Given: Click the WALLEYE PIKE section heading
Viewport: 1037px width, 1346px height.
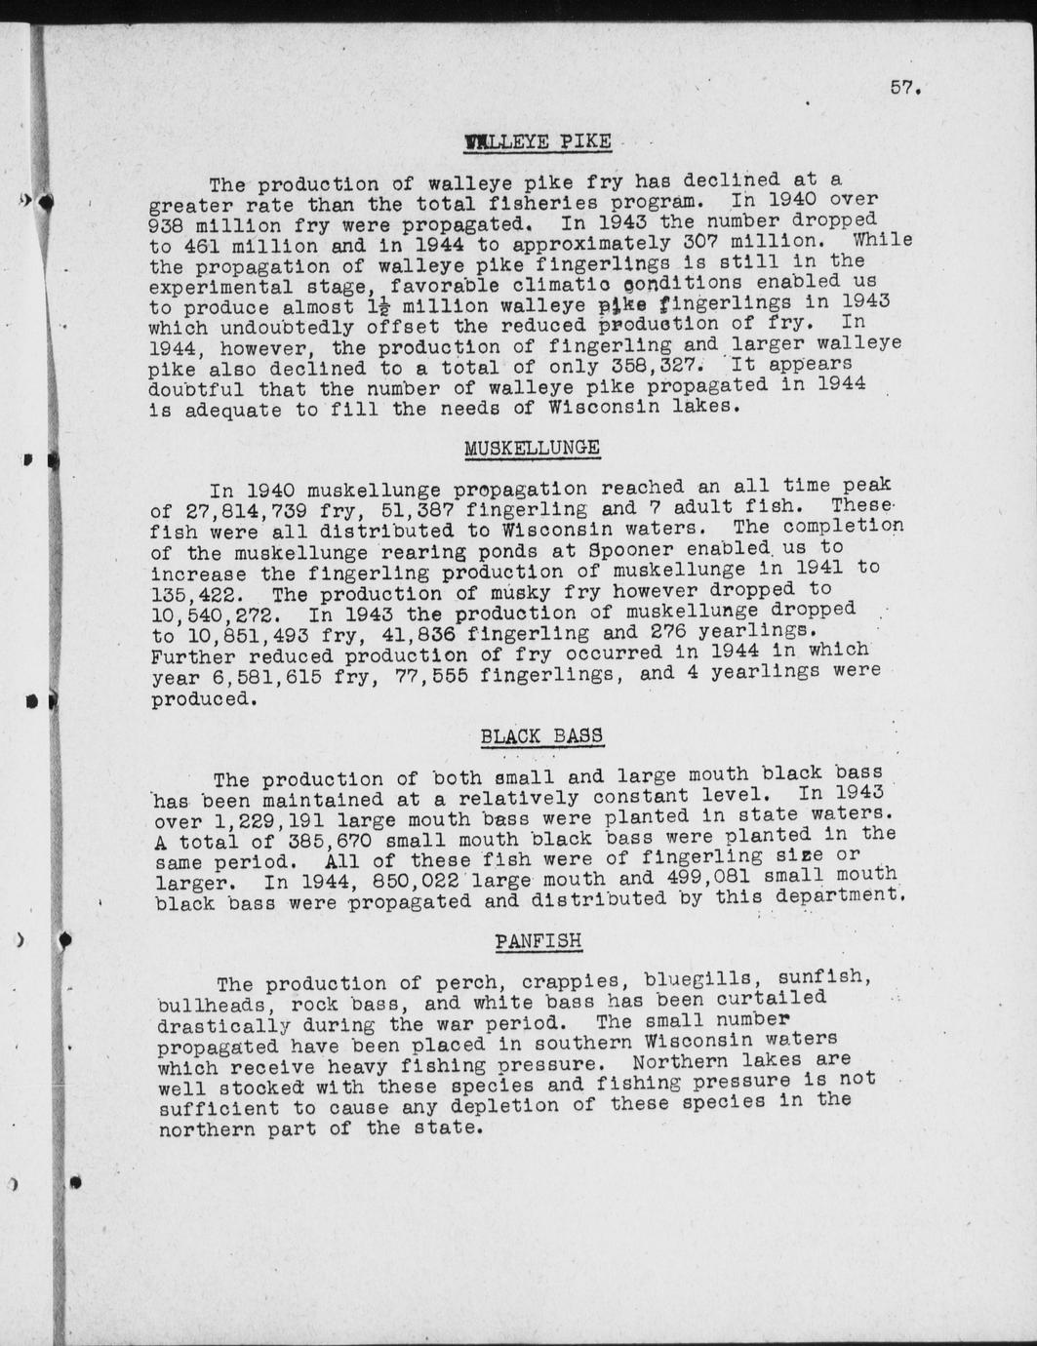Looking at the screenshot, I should (538, 142).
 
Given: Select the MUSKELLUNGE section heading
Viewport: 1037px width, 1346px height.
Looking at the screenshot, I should (532, 449).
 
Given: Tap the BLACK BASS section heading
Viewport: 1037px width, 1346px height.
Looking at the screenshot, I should (541, 736).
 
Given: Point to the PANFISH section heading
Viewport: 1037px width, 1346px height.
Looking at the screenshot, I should (538, 941).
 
